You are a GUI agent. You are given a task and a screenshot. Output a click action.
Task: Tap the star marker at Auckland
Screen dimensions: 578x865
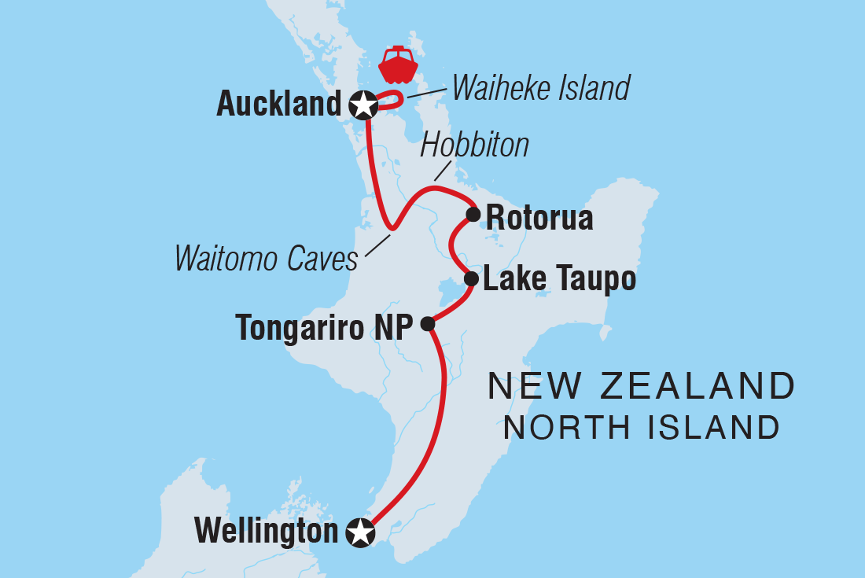[x=363, y=105]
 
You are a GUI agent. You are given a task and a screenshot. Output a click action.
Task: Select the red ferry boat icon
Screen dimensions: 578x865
[x=398, y=65]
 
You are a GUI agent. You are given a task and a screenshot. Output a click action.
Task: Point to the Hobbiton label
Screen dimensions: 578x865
[x=475, y=145]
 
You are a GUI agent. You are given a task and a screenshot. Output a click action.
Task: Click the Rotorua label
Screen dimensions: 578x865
[x=539, y=218]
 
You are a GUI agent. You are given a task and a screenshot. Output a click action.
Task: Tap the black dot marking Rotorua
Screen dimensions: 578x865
[x=473, y=214]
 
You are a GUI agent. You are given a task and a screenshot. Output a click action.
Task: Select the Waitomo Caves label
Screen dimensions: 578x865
[x=267, y=258]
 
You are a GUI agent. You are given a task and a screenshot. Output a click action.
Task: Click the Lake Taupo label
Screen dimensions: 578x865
[x=559, y=279]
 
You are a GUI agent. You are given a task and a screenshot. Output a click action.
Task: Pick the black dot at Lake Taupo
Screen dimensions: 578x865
[x=471, y=278]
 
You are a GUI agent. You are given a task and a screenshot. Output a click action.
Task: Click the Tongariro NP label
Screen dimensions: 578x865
[x=324, y=327]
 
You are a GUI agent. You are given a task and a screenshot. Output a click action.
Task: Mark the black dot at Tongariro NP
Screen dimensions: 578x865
[x=427, y=323]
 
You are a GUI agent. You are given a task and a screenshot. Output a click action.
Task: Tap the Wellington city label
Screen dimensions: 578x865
[x=266, y=532]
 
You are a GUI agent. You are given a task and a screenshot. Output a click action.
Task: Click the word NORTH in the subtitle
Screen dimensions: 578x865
[x=569, y=428]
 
